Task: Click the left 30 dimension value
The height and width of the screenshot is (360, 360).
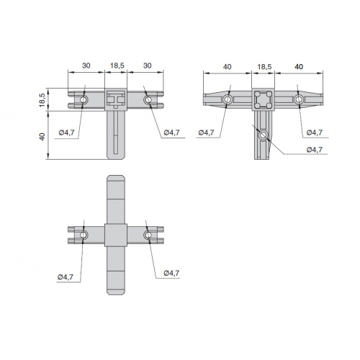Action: click(86, 66)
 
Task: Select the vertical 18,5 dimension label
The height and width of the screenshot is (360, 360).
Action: click(42, 100)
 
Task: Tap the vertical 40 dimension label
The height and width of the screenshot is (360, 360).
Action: click(42, 137)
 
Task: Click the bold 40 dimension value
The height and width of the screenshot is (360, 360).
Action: click(299, 66)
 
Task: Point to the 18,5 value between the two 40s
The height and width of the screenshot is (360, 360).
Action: click(264, 66)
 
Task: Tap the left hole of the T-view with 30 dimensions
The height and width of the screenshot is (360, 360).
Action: click(84, 99)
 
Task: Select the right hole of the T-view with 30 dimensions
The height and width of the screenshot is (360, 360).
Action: click(148, 99)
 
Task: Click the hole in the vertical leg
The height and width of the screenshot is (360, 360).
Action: click(264, 135)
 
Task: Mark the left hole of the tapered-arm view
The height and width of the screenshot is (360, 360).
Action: click(227, 99)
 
